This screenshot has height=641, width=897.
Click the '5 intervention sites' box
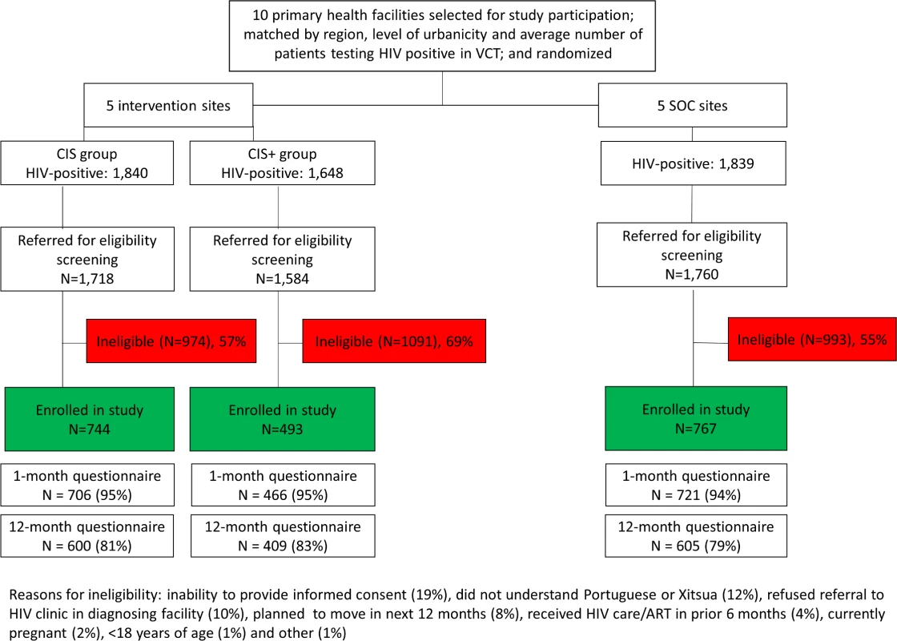coord(168,105)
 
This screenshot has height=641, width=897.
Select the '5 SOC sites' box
coord(692,105)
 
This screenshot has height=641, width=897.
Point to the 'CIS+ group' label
coord(282,154)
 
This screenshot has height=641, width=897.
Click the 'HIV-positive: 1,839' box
coord(694,163)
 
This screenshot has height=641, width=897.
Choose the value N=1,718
coord(87,279)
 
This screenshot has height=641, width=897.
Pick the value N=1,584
coord(282,279)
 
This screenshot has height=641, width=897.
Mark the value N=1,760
coord(692,274)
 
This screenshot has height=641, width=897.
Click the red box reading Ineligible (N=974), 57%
coord(171,341)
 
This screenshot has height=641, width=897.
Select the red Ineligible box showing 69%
coord(394,341)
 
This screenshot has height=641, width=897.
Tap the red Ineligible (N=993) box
coord(812,340)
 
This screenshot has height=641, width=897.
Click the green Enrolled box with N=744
coord(89,419)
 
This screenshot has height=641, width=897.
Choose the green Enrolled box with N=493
coord(283,419)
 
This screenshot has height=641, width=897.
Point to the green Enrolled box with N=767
coord(696,418)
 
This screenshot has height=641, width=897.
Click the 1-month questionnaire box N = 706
coord(87,486)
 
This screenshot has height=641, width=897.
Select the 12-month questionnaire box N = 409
coord(284,536)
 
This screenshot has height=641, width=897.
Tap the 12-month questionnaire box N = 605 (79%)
coord(696,536)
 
